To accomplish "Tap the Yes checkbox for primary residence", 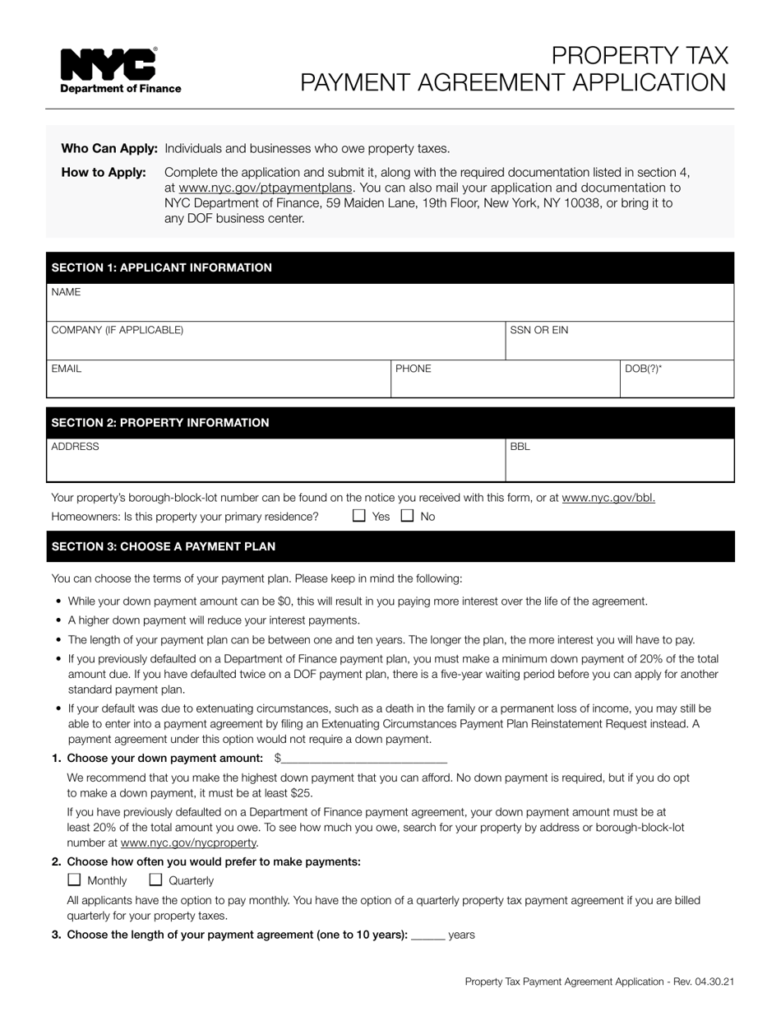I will click(358, 516).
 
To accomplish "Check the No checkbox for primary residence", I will click(407, 516).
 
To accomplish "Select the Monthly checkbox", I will click(74, 880).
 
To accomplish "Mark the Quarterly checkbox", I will click(155, 880).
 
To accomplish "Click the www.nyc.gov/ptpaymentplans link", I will click(265, 188).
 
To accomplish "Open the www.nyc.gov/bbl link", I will click(608, 498).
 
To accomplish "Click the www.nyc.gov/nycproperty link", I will click(189, 843).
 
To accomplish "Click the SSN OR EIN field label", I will click(538, 330).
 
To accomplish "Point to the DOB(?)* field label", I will click(643, 369).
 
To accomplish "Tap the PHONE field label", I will click(413, 369).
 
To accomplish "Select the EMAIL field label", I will click(67, 369).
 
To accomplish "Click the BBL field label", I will click(520, 447).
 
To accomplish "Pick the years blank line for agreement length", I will click(427, 935).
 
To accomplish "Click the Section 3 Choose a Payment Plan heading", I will click(164, 546).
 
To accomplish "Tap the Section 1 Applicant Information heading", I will click(161, 267).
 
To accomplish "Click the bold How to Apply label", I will click(104, 172).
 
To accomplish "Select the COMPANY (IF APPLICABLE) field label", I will click(118, 330).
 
